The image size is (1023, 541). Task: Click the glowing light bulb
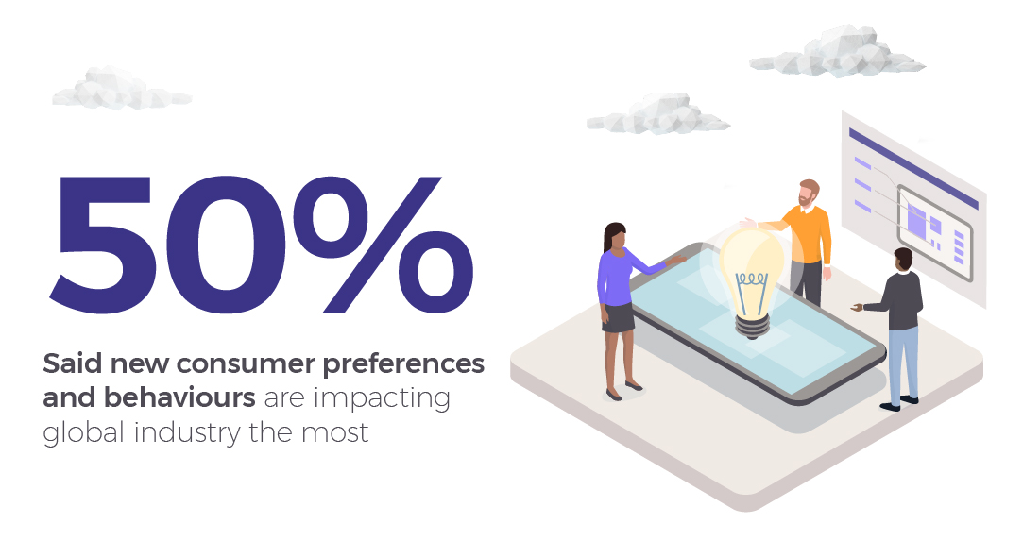[x=753, y=265]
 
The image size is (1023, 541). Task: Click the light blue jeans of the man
[x=902, y=363]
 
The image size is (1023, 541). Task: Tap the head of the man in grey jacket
[x=903, y=259]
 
